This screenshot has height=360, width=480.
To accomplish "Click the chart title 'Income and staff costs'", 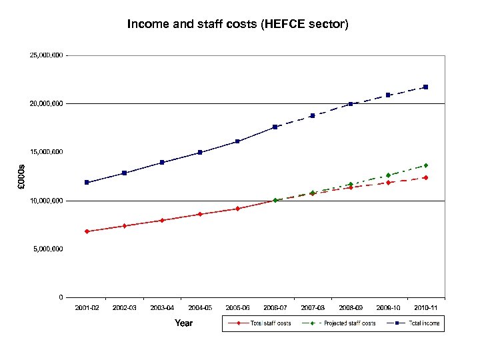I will click(238, 25).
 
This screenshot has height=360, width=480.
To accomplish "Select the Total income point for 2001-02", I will click(87, 182).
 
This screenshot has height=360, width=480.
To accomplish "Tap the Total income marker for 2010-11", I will click(425, 87).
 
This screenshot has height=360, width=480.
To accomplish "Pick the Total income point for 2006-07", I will click(275, 127).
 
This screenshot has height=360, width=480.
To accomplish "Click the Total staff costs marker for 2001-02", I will click(87, 231).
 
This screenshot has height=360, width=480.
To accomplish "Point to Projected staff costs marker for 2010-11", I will click(425, 165).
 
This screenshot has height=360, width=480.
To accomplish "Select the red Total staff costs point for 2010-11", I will click(425, 177).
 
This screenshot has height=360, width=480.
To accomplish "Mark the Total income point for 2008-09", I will click(350, 104).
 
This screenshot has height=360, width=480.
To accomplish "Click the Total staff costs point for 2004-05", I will click(200, 214).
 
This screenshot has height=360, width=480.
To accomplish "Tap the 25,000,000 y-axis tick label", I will click(47, 55).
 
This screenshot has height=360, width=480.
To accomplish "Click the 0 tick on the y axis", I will click(61, 297).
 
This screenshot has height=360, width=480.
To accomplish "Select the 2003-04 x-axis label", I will click(162, 307).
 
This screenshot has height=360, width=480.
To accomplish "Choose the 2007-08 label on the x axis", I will click(313, 307).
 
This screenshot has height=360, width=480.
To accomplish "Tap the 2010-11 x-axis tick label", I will click(425, 307).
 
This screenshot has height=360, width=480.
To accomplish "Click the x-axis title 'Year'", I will click(183, 323).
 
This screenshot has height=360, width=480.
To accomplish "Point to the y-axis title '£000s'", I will click(21, 176).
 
